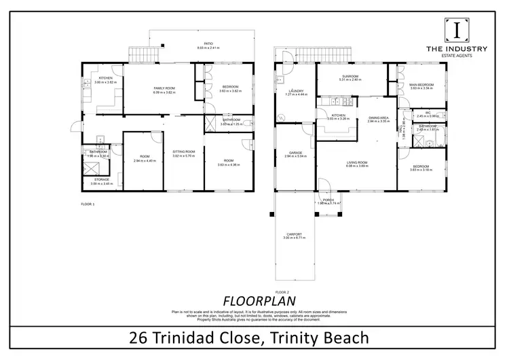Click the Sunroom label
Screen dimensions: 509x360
click(x=350, y=76)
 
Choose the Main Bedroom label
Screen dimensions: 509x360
click(x=421, y=84)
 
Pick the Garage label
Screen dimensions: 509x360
click(x=295, y=152)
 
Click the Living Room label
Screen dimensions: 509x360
click(x=357, y=162)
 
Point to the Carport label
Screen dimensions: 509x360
click(x=295, y=235)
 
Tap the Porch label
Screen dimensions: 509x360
click(x=328, y=200)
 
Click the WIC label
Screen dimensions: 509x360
click(x=428, y=113)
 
